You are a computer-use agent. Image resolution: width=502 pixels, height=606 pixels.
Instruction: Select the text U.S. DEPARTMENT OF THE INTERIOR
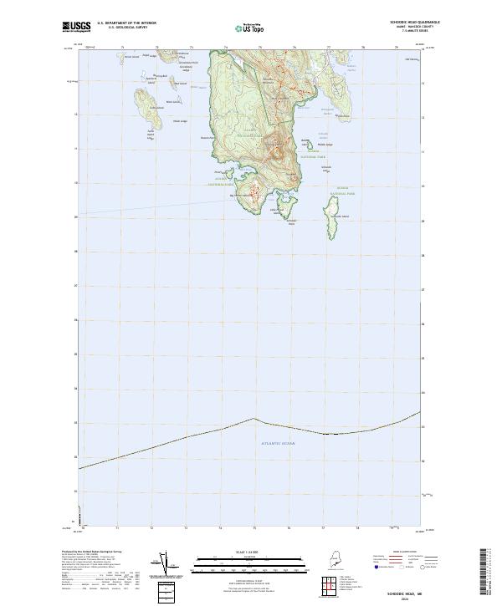click(x=127, y=23)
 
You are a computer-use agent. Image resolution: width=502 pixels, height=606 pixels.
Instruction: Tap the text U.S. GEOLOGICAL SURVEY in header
click(x=122, y=28)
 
